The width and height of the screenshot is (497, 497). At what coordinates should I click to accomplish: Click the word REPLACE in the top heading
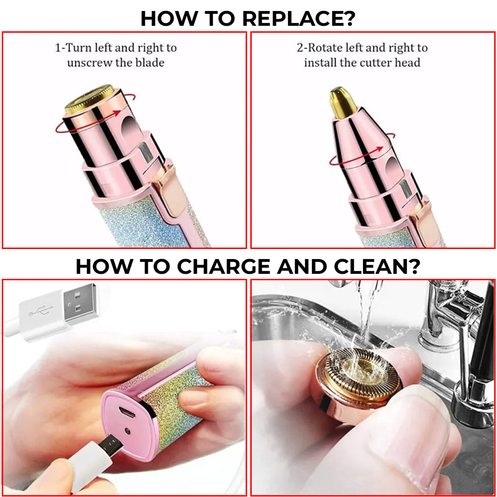click(x=299, y=19)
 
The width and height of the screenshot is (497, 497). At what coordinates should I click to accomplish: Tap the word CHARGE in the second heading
click(x=224, y=266)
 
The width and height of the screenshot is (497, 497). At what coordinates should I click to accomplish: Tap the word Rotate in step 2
click(x=326, y=47)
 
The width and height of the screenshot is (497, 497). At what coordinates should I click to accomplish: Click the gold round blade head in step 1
click(x=89, y=99)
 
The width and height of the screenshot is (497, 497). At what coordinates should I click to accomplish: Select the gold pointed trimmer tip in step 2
click(x=342, y=102)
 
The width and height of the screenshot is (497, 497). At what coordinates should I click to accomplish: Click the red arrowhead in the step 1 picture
click(x=118, y=113)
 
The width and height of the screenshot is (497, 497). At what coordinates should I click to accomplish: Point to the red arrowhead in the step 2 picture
click(x=379, y=149)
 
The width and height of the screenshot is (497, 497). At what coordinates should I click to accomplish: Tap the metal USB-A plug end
click(x=81, y=304)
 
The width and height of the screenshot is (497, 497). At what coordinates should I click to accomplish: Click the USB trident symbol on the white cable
click(x=40, y=310)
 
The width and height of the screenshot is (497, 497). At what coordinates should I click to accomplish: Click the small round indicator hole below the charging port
click(x=127, y=431)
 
